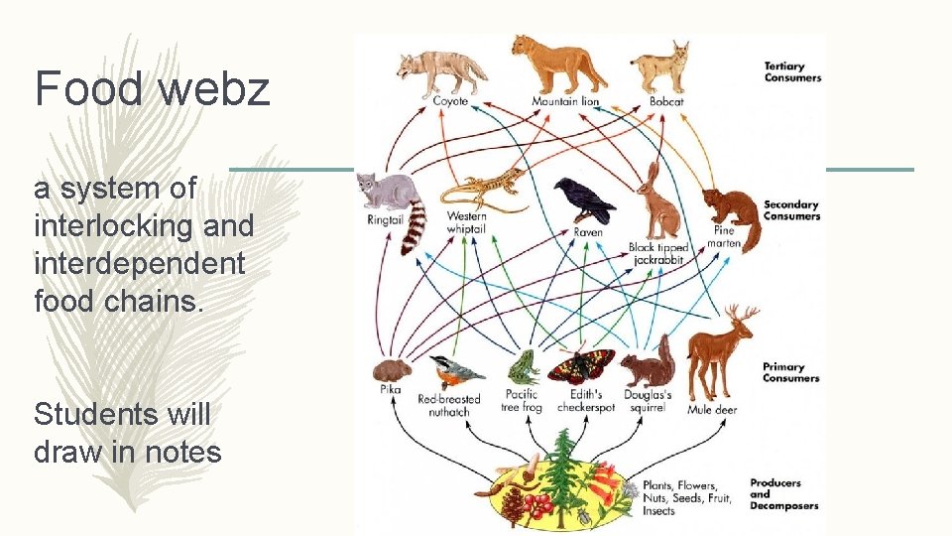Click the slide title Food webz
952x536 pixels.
click(152, 87)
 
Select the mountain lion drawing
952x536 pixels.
click(557, 65)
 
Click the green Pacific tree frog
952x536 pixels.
click(522, 368)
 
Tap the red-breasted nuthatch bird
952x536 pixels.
click(457, 372)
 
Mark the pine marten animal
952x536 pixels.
click(732, 213)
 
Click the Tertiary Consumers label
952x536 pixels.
click(792, 72)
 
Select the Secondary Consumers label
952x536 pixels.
click(791, 210)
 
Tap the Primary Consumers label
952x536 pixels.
click(790, 372)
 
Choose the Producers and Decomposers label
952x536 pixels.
click(783, 494)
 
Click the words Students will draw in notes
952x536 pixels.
click(127, 433)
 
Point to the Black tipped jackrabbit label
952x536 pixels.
click(658, 254)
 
